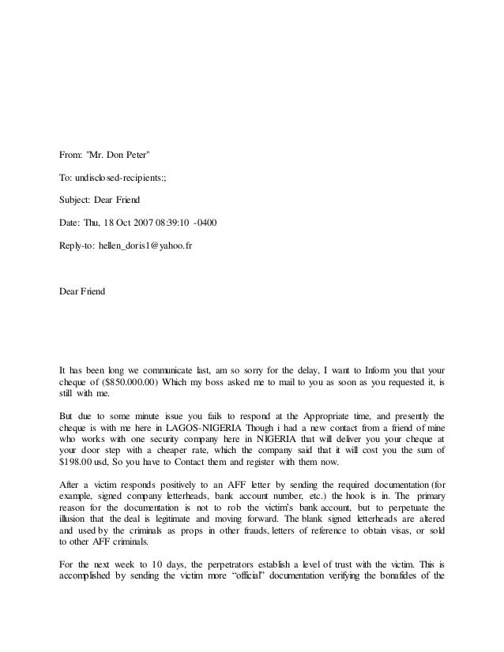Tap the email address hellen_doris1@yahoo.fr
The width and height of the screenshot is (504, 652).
[x=148, y=246]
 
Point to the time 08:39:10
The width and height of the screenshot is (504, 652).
[x=193, y=223]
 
